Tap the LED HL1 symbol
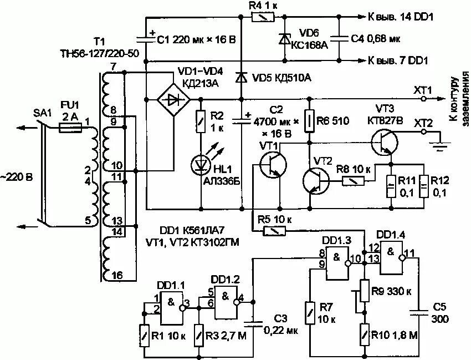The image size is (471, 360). pyautogui.click(x=201, y=165)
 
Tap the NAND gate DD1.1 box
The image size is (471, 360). pyautogui.click(x=171, y=308)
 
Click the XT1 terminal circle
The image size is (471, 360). pyautogui.click(x=423, y=99)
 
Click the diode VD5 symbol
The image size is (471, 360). pyautogui.click(x=241, y=78)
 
